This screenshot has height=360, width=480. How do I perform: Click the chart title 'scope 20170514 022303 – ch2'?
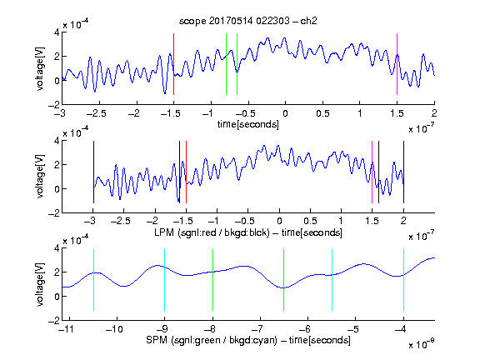coord(248,21)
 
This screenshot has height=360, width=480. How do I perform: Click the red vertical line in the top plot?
coord(173,64)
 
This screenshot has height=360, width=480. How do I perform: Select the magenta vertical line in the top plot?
coord(397,64)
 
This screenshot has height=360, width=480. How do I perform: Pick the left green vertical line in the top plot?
coord(226,64)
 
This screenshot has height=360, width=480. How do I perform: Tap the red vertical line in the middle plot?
coord(186,172)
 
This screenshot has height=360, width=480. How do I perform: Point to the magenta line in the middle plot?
coord(372,172)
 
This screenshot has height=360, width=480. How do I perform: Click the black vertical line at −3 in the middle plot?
coord(93,172)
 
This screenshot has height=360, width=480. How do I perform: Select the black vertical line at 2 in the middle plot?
coord(403,172)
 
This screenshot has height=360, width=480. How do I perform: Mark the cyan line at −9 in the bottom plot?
coord(164,280)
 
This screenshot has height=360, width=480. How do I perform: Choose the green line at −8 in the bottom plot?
coord(212,280)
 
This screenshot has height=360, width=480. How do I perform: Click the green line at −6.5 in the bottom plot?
coord(284,280)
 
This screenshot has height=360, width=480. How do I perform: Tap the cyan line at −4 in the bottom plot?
coord(403,280)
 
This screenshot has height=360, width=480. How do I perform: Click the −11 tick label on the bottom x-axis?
coord(68,329)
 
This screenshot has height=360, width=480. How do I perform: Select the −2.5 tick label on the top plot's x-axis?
coord(97,113)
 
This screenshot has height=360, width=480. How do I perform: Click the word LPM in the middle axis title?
coord(164,232)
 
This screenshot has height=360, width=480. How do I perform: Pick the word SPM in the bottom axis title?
coord(157,340)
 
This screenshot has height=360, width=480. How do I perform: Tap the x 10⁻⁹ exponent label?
coord(421,344)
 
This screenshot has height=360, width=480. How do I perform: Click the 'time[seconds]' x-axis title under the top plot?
coord(248,124)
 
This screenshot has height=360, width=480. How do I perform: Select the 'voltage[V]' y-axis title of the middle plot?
coord(40,177)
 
